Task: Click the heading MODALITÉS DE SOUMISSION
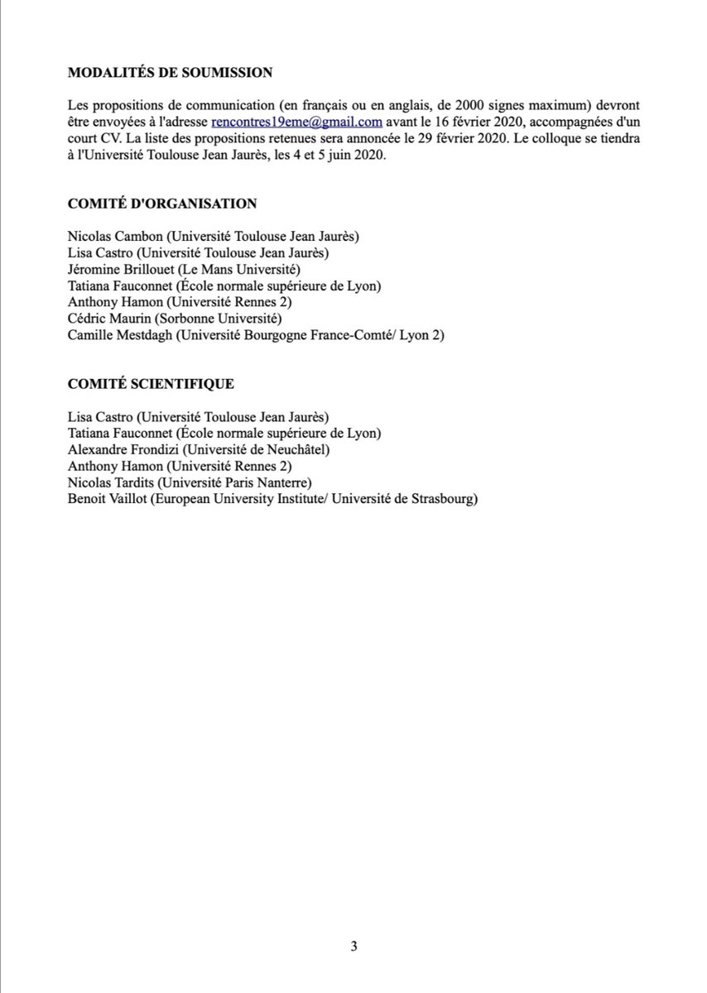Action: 170,73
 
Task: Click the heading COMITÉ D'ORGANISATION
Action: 162,203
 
